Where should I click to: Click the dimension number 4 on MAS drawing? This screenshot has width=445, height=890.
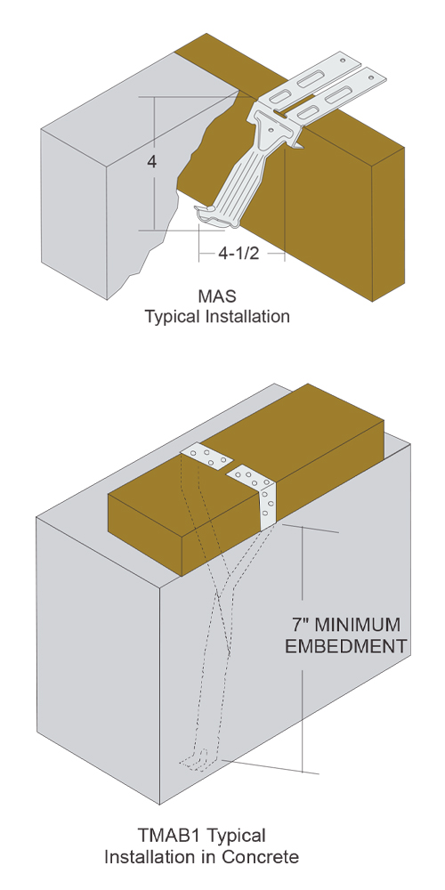pyautogui.click(x=151, y=162)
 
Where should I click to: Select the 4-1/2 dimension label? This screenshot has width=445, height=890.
pyautogui.click(x=239, y=253)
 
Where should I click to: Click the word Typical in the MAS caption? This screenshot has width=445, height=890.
pyautogui.click(x=171, y=317)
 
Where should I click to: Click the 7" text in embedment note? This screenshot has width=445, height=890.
pyautogui.click(x=300, y=625)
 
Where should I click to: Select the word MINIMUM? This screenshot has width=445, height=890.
pyautogui.click(x=357, y=625)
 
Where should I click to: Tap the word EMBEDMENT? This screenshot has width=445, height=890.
pyautogui.click(x=345, y=646)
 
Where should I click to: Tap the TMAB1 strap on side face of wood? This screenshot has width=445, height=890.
pyautogui.click(x=267, y=500)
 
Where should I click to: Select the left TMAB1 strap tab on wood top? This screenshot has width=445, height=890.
pyautogui.click(x=207, y=457)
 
